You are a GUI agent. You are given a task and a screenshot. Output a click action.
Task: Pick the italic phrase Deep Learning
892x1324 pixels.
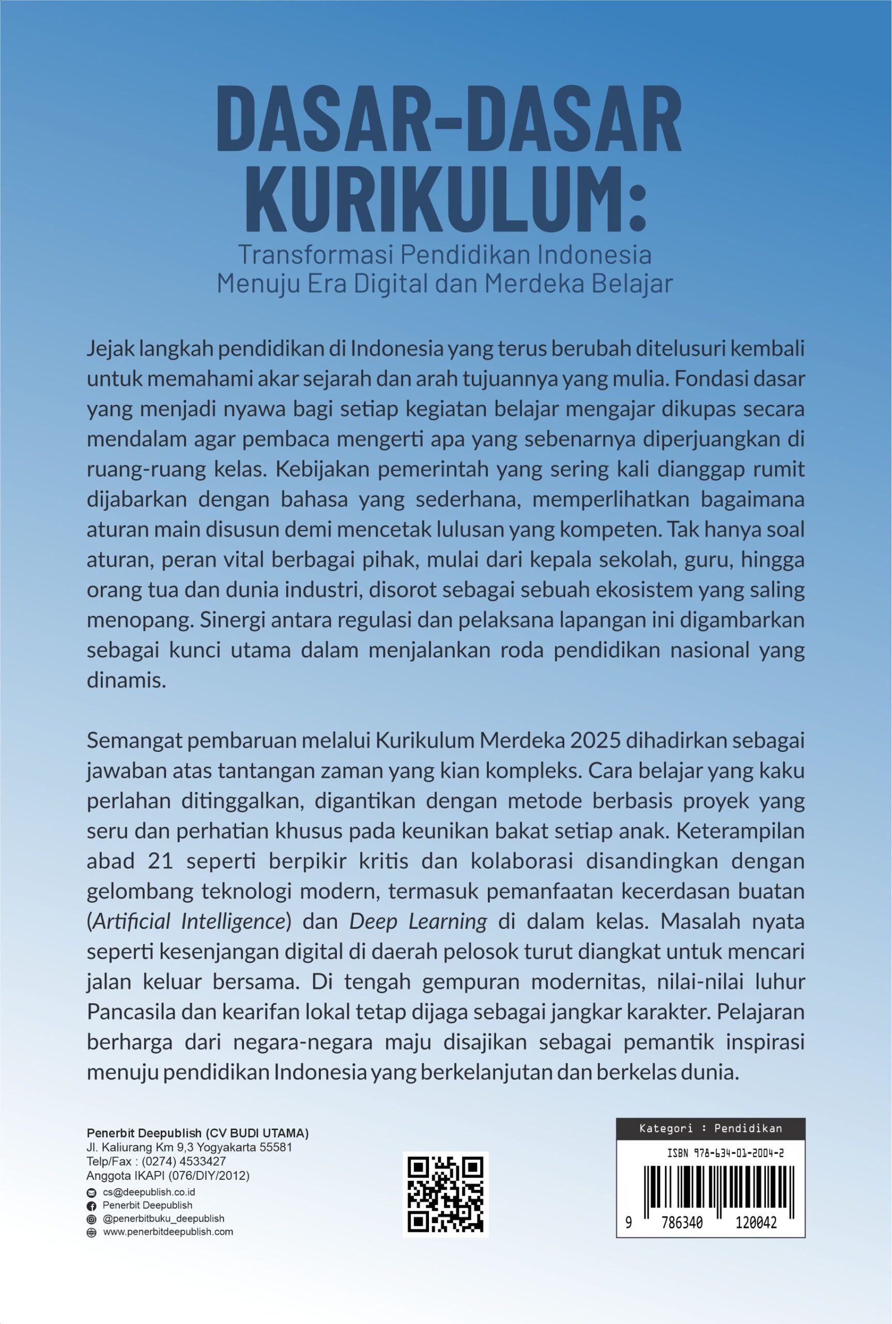(x=418, y=921)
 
